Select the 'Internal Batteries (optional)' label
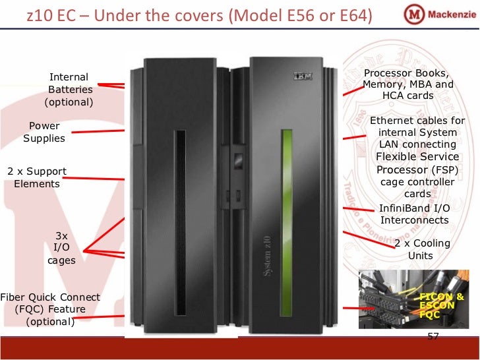[69, 90]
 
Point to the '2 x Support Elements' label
[37, 177]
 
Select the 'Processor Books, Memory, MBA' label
[408, 84]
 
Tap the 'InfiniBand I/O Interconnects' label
[414, 214]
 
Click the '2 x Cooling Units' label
[422, 249]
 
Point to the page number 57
[433, 338]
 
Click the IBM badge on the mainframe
[303, 77]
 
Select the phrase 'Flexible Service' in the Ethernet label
[417, 157]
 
